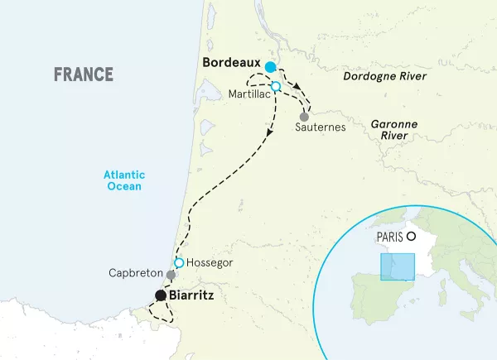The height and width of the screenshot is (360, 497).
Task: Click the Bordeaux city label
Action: [x=229, y=64]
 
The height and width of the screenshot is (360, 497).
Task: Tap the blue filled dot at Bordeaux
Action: [x=270, y=67]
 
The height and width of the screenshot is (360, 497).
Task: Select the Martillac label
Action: [x=248, y=94]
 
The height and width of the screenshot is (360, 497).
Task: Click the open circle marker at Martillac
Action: [x=276, y=86]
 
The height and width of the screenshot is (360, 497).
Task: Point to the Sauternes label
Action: [x=321, y=128]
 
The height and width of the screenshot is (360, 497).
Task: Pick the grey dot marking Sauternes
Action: [x=304, y=117]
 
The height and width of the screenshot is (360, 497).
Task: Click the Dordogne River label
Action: [x=385, y=76]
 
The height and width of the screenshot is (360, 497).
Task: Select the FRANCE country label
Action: [x=83, y=74]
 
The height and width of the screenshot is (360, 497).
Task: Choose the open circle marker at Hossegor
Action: [x=178, y=262]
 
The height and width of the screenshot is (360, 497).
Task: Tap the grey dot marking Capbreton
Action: [x=171, y=275]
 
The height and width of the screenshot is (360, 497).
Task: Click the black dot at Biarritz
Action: [x=160, y=295]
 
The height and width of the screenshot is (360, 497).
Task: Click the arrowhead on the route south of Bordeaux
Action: [x=271, y=137]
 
